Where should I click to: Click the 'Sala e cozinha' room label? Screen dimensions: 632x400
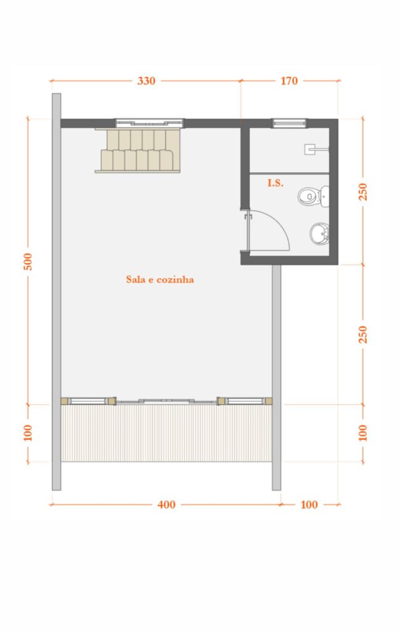tap(160, 280)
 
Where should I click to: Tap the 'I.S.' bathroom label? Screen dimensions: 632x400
tap(275, 183)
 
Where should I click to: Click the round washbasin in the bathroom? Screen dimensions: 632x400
tap(319, 233)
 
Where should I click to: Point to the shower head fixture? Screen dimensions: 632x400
tap(315, 149)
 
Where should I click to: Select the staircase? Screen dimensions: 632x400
tap(138, 151)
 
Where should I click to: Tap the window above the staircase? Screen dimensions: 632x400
tap(149, 122)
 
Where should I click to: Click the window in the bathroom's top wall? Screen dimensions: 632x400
tap(290, 123)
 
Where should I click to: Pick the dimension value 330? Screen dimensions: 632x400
tap(146, 81)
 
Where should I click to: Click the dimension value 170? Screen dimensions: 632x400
tap(289, 81)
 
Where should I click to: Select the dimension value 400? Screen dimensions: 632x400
tap(166, 505)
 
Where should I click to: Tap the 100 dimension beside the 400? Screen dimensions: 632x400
tap(309, 505)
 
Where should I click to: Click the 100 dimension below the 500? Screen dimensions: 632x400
tap(28, 433)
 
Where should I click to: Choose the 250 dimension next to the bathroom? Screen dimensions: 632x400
tap(363, 191)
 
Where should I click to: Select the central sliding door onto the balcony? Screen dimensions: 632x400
tap(166, 401)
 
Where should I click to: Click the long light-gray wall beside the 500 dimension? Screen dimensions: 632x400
tap(56, 290)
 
